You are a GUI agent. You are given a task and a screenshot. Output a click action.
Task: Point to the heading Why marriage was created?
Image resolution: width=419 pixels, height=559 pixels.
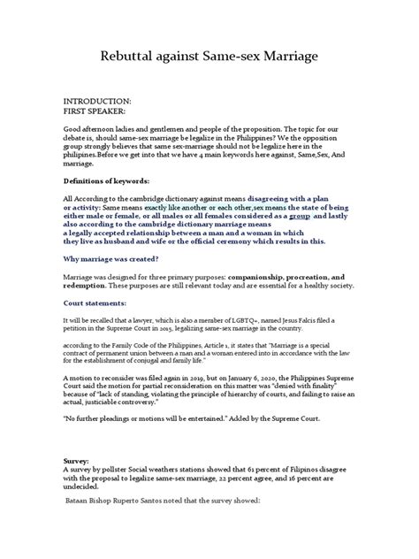click(123, 258)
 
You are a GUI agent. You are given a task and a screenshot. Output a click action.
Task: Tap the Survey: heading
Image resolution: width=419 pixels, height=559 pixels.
click(80, 486)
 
